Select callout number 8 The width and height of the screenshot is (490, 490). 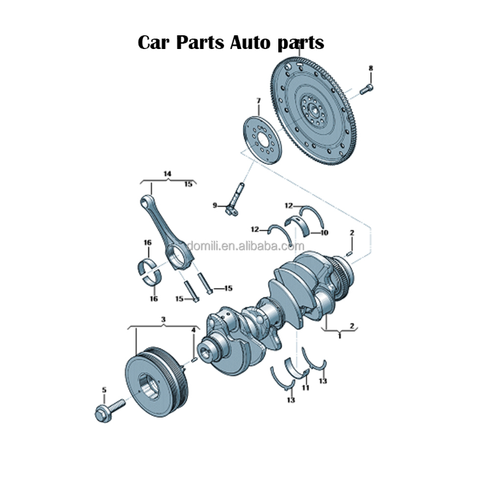pos(370,68)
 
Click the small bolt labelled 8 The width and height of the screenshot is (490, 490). pos(368,87)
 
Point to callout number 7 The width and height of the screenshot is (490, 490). pos(258,101)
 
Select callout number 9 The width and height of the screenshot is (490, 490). pos(214,205)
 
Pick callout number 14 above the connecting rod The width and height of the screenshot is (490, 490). pos(167,173)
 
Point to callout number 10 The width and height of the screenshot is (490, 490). pos(324,233)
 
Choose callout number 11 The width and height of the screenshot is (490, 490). pos(305,388)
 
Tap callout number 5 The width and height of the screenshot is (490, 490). pos(103,390)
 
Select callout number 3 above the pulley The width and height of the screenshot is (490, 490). pos(163,319)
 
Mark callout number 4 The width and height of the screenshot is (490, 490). pos(193,331)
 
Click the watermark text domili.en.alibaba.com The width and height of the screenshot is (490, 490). pos(245,246)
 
